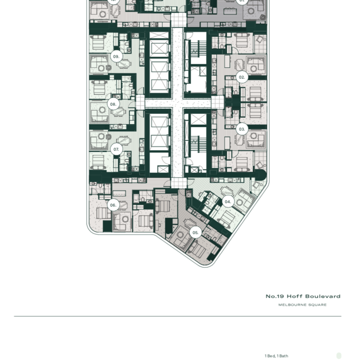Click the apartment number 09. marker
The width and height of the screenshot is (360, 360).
116,57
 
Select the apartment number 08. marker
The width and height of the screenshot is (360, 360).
113,104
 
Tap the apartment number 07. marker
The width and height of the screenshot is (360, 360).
116,150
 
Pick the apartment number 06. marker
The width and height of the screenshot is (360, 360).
113,205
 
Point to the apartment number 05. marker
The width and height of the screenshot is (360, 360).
195,232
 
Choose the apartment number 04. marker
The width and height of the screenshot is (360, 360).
227,202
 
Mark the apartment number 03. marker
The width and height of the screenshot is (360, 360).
242,129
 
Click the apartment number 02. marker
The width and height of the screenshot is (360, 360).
242,77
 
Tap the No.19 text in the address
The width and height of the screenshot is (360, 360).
275,296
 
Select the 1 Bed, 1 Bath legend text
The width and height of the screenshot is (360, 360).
276,356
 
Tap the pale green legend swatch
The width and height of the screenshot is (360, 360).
339,356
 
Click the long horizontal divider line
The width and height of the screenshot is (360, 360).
178,316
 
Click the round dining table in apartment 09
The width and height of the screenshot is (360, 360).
124,65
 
